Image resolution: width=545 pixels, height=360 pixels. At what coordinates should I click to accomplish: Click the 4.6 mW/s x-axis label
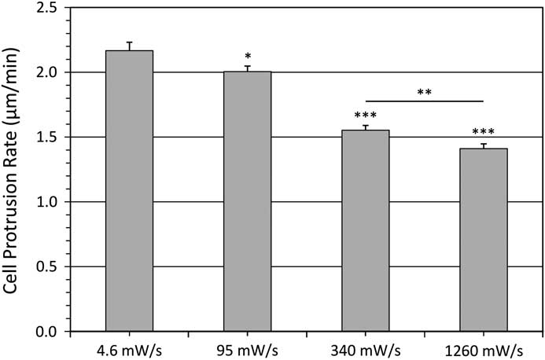pos(129,347)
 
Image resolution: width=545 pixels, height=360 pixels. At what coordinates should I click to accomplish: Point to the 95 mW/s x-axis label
pos(247,347)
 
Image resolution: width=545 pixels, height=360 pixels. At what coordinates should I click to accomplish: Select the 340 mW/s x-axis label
pos(366,347)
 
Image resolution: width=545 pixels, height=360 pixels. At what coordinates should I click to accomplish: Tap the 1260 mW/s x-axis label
pos(483,347)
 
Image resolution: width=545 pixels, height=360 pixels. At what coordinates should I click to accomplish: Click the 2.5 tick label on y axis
pos(48,8)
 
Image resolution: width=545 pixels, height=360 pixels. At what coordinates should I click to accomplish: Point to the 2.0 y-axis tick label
pos(48,72)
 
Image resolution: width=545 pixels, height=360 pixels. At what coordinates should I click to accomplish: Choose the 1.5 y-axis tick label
pos(48,138)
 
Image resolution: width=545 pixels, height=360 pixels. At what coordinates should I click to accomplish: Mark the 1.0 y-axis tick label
pos(48,202)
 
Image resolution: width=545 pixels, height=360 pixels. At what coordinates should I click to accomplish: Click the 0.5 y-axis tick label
pos(48,267)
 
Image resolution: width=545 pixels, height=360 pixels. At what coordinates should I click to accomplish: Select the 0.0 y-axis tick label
pos(48,332)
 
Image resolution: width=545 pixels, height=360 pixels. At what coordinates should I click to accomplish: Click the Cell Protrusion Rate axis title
pos(15,169)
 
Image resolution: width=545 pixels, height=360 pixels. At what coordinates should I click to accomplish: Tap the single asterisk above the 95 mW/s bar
pos(248,57)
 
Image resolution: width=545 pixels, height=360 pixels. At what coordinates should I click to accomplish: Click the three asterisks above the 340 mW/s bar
pos(366,116)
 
